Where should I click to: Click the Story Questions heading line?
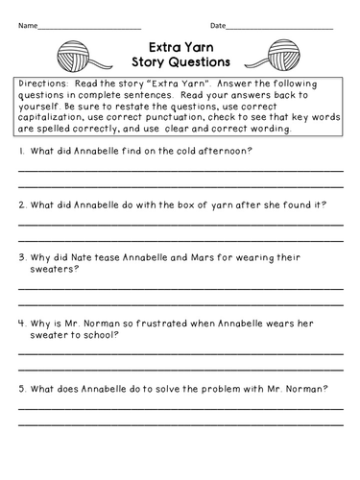click(x=178, y=61)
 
